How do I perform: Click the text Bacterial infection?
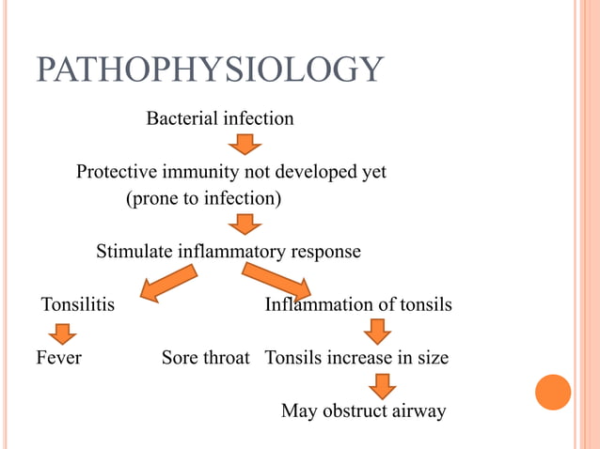pyautogui.click(x=219, y=119)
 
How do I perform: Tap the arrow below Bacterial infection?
pyautogui.click(x=245, y=144)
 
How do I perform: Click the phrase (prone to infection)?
pyautogui.click(x=203, y=199)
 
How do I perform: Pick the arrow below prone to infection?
pyautogui.click(x=245, y=224)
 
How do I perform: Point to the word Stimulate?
pyautogui.click(x=134, y=252)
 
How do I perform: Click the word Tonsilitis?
pyautogui.click(x=78, y=305)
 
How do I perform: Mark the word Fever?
pyautogui.click(x=59, y=358)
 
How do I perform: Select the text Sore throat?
pyautogui.click(x=205, y=358)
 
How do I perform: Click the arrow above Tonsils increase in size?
pyautogui.click(x=377, y=332)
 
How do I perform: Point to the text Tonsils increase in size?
pyautogui.click(x=356, y=358)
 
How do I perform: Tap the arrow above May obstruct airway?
pyautogui.click(x=382, y=385)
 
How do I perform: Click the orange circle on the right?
pyautogui.click(x=553, y=392)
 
